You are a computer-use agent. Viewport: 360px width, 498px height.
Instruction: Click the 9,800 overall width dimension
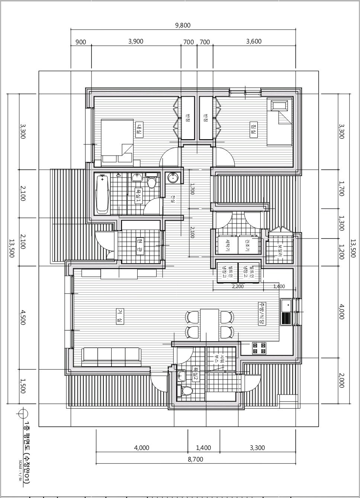[183, 25]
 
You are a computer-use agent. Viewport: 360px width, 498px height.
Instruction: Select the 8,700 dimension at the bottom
[195, 459]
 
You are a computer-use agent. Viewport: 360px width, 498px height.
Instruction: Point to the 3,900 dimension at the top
[136, 41]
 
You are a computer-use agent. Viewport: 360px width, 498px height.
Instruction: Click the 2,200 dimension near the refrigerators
[238, 286]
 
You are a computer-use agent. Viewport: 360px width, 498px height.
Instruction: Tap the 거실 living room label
[120, 316]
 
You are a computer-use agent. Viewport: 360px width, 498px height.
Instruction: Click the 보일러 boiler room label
[279, 249]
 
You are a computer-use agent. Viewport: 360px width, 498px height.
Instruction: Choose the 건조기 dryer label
[247, 244]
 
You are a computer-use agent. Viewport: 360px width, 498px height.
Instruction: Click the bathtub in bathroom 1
[102, 195]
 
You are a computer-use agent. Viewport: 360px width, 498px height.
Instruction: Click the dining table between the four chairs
[209, 325]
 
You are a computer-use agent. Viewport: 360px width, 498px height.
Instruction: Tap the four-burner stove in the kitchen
[259, 348]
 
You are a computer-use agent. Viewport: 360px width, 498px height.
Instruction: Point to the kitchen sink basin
[287, 306]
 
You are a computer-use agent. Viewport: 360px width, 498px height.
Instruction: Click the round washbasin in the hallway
[173, 178]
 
